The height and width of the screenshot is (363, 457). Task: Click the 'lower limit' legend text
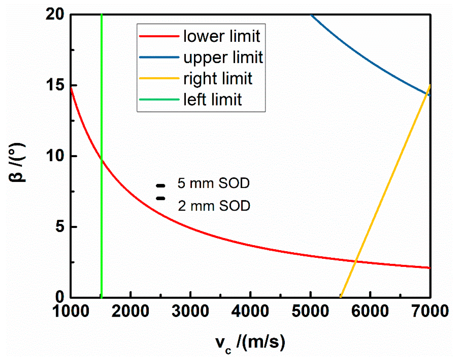point(222,36)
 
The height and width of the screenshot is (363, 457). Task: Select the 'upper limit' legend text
point(223,57)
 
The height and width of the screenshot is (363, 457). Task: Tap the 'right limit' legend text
point(218,78)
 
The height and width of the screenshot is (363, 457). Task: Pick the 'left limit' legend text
point(212,99)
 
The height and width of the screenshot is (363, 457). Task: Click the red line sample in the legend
point(159,36)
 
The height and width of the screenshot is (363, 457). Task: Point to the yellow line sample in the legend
point(159,78)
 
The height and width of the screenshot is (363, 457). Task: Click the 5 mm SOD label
point(213,183)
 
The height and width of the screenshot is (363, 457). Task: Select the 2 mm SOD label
point(214,206)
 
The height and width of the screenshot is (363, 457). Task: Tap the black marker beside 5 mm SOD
point(161,186)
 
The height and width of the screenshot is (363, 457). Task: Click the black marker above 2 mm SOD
point(161,198)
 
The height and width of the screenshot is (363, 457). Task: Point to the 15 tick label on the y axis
point(55,85)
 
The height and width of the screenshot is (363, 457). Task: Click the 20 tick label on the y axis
point(55,14)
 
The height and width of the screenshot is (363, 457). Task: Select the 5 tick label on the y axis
point(60,226)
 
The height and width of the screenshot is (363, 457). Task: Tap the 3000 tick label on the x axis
point(190,311)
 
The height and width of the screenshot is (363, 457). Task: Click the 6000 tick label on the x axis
point(370,311)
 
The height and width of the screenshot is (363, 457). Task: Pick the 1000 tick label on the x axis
point(71,311)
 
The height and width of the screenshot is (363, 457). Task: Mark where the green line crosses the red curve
point(102,159)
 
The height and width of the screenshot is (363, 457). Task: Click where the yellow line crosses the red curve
point(356,261)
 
